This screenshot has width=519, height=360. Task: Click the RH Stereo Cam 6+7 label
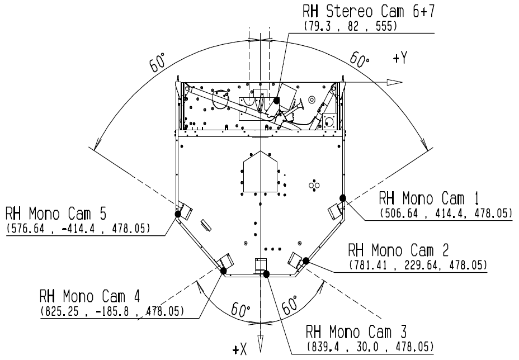tap(369, 11)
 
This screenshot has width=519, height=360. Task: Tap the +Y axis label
tap(400, 58)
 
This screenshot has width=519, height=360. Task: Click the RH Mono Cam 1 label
tap(428, 198)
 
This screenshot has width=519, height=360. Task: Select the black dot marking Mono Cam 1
tap(343, 198)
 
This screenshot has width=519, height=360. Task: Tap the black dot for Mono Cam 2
tap(306, 260)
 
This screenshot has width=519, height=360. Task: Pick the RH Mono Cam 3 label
tap(356, 331)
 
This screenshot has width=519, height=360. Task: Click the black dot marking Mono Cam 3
tap(266, 274)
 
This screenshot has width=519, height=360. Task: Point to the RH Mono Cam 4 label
tap(89, 296)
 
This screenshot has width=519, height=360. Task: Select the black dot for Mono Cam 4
tap(223, 271)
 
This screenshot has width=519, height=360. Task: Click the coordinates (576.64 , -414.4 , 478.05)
tap(78, 228)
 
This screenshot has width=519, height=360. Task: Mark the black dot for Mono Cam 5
tap(178, 214)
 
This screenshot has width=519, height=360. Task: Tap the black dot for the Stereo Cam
tap(276, 100)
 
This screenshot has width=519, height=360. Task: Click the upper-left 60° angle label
tap(158, 62)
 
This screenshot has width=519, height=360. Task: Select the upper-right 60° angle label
tap(360, 59)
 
